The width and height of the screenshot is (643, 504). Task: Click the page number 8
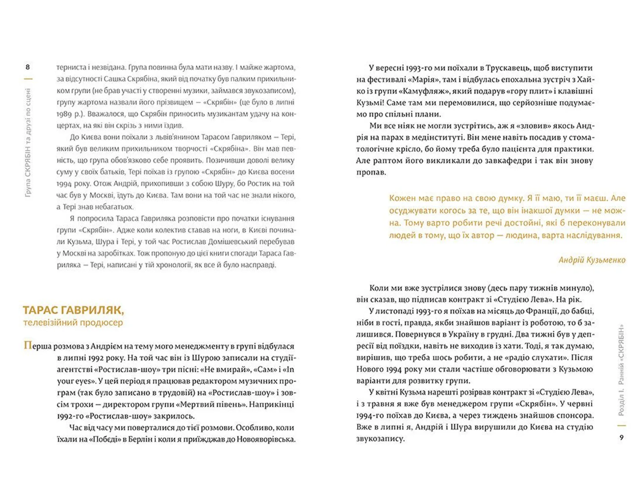[28, 67]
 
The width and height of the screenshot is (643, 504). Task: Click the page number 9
[622, 437]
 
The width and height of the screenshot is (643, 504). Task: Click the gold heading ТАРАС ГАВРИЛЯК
[73, 310]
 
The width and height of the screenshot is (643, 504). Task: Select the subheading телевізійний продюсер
[73, 322]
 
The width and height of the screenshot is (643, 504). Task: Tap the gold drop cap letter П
[27, 345]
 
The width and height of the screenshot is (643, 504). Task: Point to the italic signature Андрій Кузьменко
[592, 260]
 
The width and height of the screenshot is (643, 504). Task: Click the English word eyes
[82, 381]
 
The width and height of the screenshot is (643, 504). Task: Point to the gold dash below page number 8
[28, 79]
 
